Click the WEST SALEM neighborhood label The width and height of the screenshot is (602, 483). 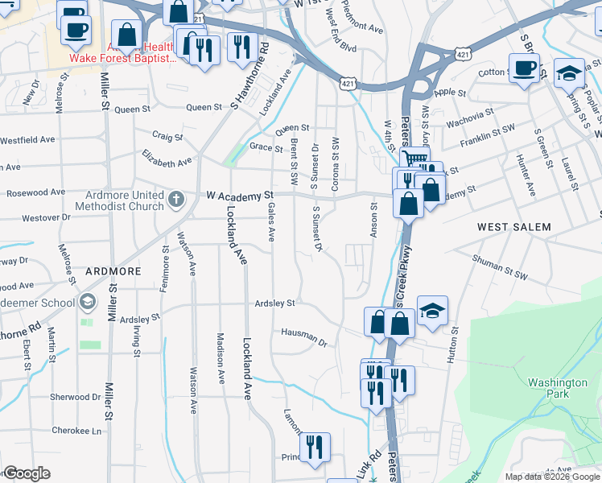(514, 227)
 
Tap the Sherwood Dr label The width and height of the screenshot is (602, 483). (75, 397)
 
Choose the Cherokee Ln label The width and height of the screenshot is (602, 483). (78, 431)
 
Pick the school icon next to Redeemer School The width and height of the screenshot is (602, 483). (87, 303)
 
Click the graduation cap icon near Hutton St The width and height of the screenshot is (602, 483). (432, 311)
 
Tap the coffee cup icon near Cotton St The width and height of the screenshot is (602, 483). (524, 68)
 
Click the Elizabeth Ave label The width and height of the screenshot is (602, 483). (167, 156)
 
